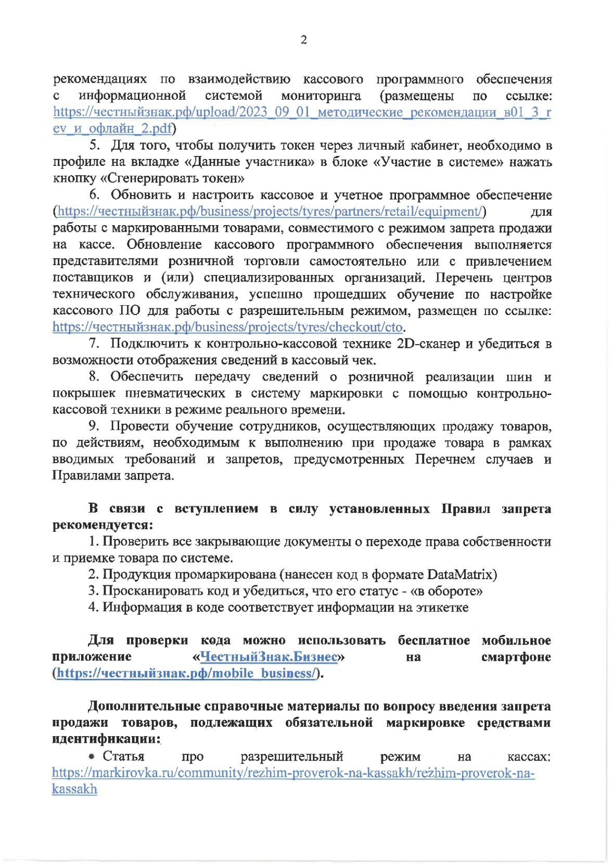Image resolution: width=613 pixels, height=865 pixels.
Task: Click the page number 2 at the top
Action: [x=304, y=40]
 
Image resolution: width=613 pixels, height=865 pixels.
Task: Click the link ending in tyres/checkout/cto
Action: [x=228, y=327]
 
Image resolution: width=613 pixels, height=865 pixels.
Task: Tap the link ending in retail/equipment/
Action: [x=270, y=212]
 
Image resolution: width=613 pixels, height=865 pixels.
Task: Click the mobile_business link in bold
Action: [x=186, y=673]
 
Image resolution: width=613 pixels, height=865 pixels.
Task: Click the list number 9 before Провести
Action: [x=94, y=426]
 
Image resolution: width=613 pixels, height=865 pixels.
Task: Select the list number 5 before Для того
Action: [x=94, y=145]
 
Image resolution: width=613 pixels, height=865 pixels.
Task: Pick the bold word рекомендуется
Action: [x=102, y=525]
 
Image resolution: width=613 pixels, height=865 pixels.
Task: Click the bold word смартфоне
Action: [x=516, y=657]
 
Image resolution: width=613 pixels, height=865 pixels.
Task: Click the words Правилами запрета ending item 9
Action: [x=112, y=476]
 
